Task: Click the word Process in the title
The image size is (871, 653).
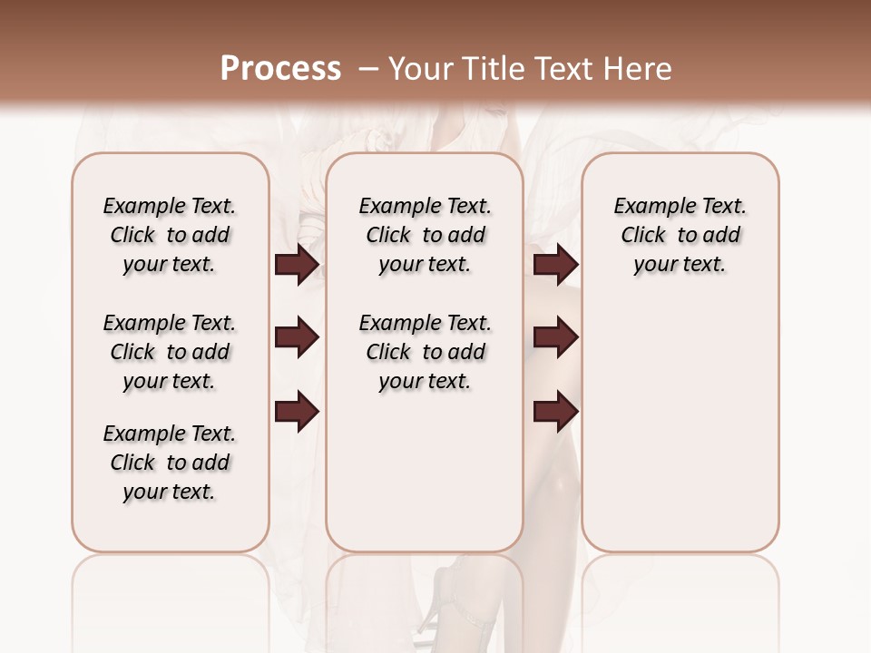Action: click(280, 69)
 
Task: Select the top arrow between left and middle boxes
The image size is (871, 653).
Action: click(297, 265)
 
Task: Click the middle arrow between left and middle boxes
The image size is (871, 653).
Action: click(297, 338)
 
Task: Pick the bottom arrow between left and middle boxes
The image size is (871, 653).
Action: click(297, 412)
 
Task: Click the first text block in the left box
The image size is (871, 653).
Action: click(170, 235)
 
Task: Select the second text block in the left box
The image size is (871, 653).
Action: click(170, 352)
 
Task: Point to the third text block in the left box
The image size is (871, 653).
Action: click(170, 463)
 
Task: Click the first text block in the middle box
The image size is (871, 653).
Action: click(425, 235)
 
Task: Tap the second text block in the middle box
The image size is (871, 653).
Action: click(425, 352)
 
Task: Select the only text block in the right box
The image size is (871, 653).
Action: click(680, 235)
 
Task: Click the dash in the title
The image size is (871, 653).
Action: click(368, 69)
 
